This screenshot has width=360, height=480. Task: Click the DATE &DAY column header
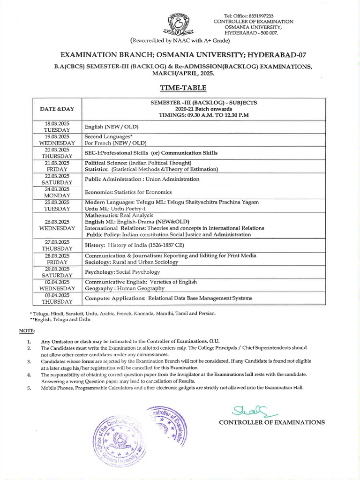coord(57,109)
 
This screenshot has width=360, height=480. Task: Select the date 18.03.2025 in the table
coord(57,124)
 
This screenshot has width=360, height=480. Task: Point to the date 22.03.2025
coord(57,176)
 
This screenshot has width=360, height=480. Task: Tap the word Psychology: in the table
coord(101,272)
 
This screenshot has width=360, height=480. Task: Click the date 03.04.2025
coord(57,295)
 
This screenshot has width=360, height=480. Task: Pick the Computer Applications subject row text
coord(168,298)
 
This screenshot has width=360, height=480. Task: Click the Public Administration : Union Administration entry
coord(142,179)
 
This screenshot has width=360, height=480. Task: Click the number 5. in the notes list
coord(29,388)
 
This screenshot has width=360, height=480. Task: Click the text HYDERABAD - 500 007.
coord(252,34)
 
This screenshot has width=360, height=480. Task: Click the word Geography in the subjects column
coord(97,289)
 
